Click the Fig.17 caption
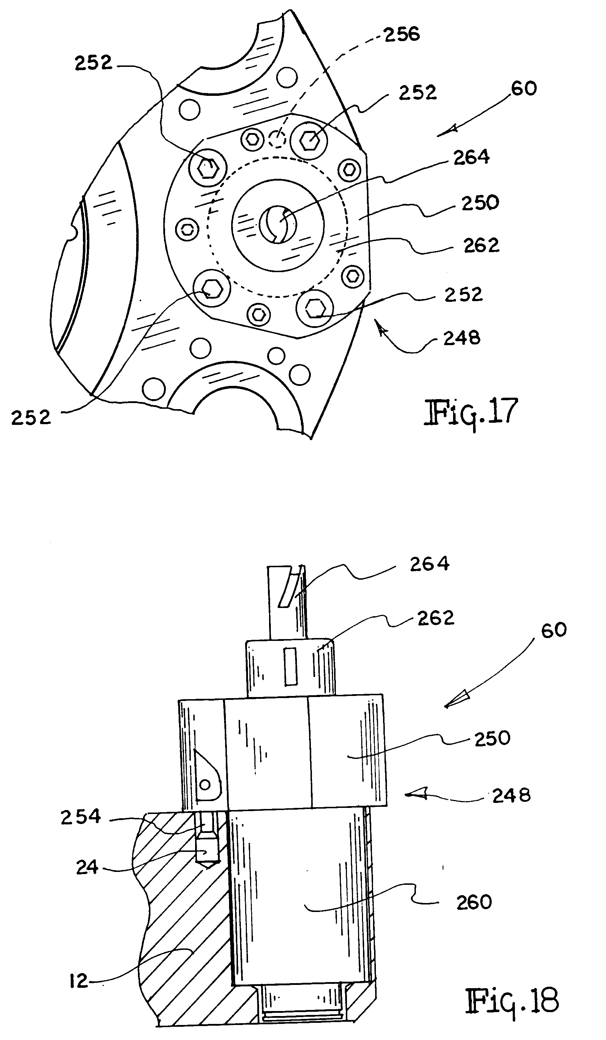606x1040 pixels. click(471, 412)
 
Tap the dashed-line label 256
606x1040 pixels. click(402, 34)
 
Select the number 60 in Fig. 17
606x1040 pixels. click(523, 89)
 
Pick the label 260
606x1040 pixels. click(474, 903)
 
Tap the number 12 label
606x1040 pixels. click(79, 981)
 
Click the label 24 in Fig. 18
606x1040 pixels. click(87, 868)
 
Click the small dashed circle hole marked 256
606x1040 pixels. click(277, 139)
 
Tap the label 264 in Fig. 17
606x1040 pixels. click(472, 157)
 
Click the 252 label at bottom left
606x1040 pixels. click(30, 418)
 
